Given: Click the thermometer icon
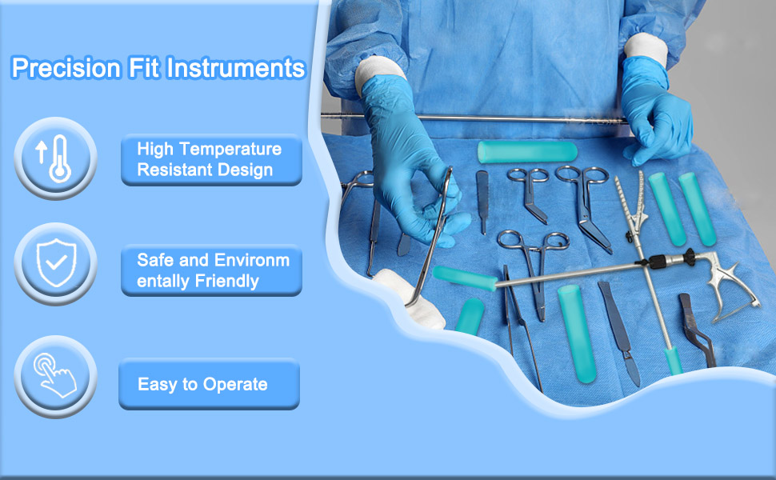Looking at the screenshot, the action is point(60,158).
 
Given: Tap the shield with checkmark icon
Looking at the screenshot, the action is point(57,262).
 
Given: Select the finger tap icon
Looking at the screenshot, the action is point(55,375).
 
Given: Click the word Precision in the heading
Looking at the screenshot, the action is point(66,68).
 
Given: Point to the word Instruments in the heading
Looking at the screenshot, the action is point(235,68).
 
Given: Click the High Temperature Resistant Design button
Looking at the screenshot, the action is point(211,160).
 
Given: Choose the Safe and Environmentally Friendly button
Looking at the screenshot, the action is point(211,270).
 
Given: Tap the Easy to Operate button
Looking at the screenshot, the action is point(209,384).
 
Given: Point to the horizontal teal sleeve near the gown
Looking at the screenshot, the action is point(527,152).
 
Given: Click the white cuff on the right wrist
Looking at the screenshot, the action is point(646,49).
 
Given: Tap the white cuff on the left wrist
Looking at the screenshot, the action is point(378,74).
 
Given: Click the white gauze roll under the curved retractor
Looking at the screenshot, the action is point(410,298).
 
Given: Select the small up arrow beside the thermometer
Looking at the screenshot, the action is point(41,151).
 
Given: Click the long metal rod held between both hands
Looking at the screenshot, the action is point(474,118).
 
